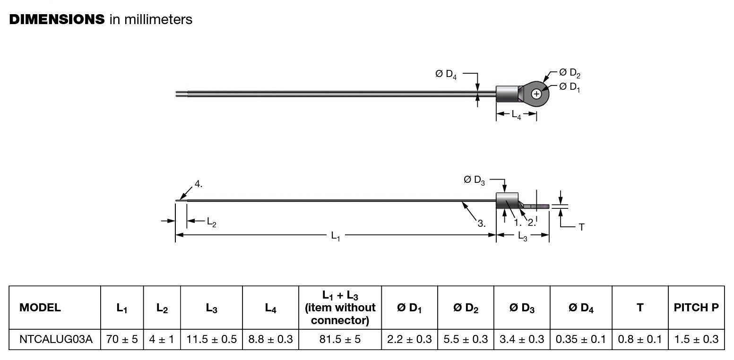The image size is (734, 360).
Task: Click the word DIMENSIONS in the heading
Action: click(57, 19)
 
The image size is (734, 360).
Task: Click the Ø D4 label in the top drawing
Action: click(446, 74)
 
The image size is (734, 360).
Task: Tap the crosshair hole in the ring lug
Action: click(536, 94)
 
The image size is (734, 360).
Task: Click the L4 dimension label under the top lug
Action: click(516, 114)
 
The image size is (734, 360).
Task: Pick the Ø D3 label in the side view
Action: click(474, 180)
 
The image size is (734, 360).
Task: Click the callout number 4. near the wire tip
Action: click(199, 184)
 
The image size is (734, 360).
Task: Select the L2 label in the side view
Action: click(211, 221)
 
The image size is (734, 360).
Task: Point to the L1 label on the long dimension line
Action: click(336, 235)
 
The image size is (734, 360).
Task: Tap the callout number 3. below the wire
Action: click(481, 223)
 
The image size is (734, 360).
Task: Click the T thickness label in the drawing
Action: click(581, 227)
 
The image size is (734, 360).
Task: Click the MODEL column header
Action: click(40, 308)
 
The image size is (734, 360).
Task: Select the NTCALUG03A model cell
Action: click(56, 339)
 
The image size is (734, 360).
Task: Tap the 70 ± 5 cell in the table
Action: click(122, 339)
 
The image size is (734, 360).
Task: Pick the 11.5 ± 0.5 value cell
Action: click(211, 339)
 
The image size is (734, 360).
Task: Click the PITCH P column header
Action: click(696, 308)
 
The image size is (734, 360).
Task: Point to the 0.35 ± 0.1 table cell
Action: click(580, 339)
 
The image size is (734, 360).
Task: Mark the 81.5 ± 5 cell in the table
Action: click(340, 339)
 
